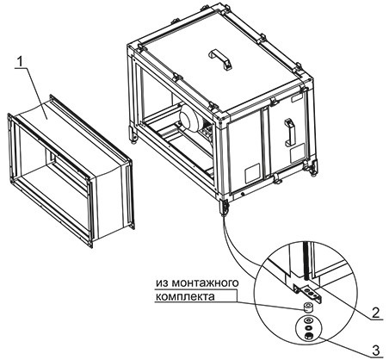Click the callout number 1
[x=20, y=62]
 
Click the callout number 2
[x=375, y=313]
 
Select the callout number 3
[x=376, y=351]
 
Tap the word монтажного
[x=206, y=282]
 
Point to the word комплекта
[x=185, y=296]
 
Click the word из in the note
[x=163, y=282]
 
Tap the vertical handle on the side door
[x=289, y=133]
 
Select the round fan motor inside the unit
[x=191, y=117]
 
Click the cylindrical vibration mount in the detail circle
[x=309, y=307]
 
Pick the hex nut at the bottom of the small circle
[x=309, y=337]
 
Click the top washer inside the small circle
[x=309, y=320]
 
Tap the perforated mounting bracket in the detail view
[x=309, y=293]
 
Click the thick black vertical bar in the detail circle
[x=306, y=260]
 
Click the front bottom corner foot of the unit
[x=224, y=206]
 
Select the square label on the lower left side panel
[x=251, y=175]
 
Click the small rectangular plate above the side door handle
[x=296, y=99]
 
